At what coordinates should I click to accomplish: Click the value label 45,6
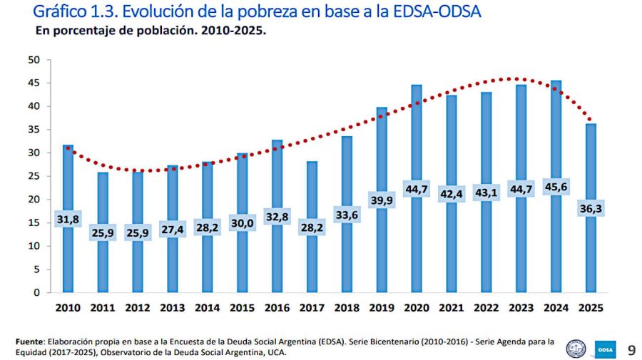pyautogui.click(x=556, y=189)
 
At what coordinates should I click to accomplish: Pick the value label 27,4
pyautogui.click(x=172, y=226)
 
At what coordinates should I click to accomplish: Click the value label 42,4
pyautogui.click(x=452, y=194)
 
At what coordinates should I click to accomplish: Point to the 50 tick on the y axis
pyautogui.click(x=34, y=60)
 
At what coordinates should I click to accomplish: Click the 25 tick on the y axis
pyautogui.click(x=34, y=176)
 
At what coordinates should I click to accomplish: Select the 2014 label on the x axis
pyautogui.click(x=207, y=308)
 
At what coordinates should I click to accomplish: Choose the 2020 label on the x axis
pyautogui.click(x=417, y=308)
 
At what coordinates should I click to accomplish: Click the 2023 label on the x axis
pyautogui.click(x=521, y=308)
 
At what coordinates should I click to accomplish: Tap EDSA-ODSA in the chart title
pyautogui.click(x=433, y=12)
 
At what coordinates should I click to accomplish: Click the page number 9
pyautogui.click(x=631, y=349)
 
